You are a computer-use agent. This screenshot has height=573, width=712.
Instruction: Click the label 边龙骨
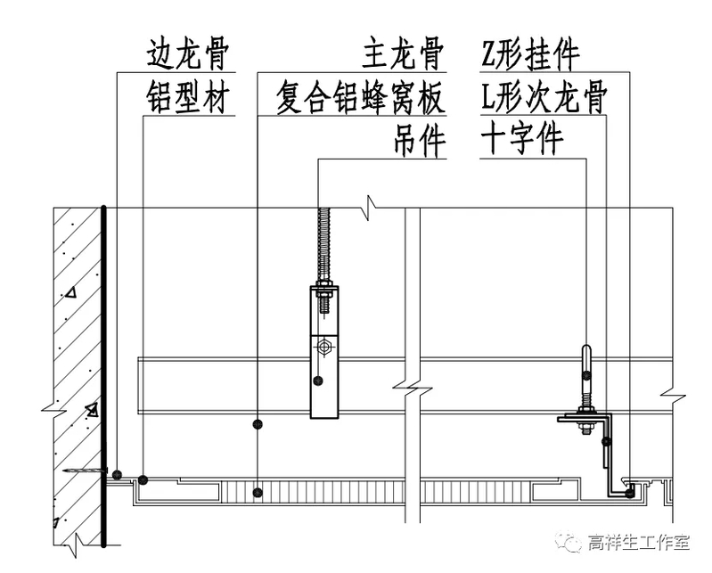point(189,56)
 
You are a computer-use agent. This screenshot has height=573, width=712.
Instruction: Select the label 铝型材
point(189,99)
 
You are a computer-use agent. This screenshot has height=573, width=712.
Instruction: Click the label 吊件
point(418,142)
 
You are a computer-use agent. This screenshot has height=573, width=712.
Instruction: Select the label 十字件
point(522,142)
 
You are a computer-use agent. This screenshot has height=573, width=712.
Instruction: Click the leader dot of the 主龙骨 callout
point(258,424)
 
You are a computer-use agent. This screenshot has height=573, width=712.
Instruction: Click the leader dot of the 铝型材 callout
point(143,481)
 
